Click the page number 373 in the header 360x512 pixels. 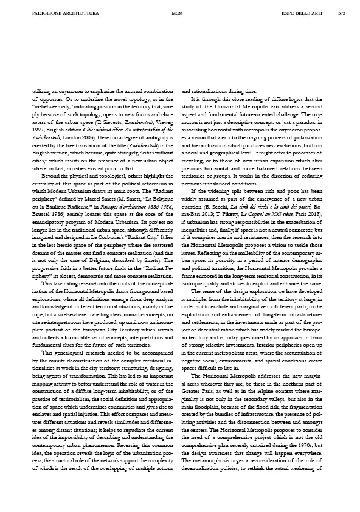click(x=342, y=12)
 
